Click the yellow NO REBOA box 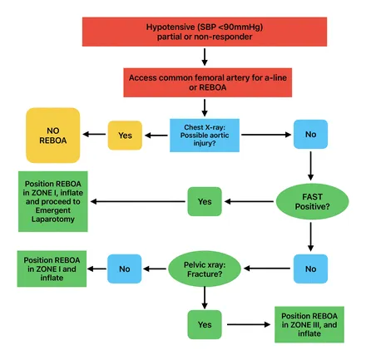[53, 134]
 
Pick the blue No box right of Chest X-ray [309, 133]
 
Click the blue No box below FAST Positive [309, 268]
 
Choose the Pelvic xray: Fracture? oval [204, 268]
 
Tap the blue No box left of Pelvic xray [125, 268]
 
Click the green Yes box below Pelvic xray [204, 323]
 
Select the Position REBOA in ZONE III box [309, 323]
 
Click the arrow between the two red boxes [204, 57]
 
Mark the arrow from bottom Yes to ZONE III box [247, 323]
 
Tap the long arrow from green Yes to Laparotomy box [137, 200]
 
